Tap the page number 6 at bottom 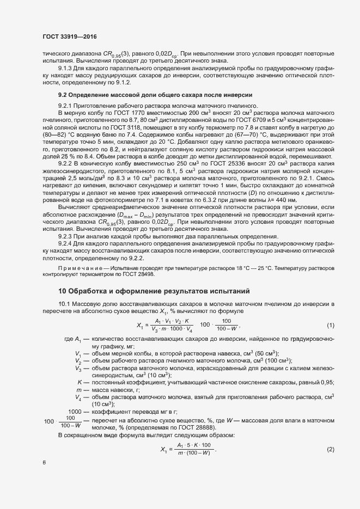point(44,463)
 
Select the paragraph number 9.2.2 point(67,162)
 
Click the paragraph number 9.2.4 point(67,244)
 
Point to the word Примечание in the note point(77,268)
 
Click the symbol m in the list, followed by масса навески point(80,390)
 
